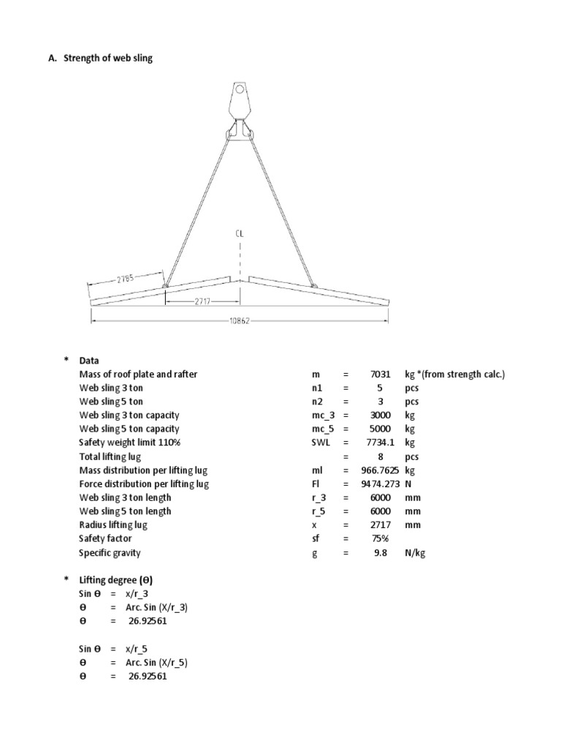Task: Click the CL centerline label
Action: coord(239,234)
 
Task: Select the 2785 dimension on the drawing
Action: coord(126,279)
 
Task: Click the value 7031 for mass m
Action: coord(381,374)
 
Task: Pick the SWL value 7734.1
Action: coord(381,443)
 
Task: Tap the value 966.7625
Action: coord(380,470)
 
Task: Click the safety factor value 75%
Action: coord(381,539)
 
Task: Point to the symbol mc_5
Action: coord(322,429)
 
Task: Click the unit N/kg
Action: coord(415,553)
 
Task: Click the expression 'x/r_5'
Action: coord(143,649)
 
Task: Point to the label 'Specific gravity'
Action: coord(110,553)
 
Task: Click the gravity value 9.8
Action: coord(381,553)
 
